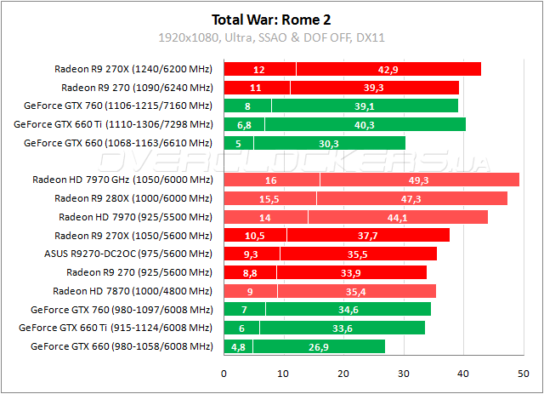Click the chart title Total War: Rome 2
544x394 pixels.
coord(271,18)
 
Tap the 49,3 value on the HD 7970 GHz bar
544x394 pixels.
coord(419,180)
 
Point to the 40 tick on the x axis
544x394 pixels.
coord(462,374)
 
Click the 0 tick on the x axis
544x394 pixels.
coord(224,374)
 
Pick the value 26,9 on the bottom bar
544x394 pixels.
coord(318,346)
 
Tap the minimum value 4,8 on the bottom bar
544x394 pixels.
coord(238,346)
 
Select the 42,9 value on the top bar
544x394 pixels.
coord(388,69)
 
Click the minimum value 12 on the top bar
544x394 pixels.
coord(259,69)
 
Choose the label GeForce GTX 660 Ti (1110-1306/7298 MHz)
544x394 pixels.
coord(113,124)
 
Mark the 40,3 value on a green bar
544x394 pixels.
coord(364,124)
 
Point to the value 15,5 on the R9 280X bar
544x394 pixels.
coord(269,198)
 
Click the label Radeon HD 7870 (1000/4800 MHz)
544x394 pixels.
coord(132,291)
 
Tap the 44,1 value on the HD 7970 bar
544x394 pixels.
coord(397,217)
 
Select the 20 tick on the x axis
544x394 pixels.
coord(343,374)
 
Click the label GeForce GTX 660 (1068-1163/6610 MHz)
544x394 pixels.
coord(119,143)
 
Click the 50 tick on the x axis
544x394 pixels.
coord(522,374)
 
